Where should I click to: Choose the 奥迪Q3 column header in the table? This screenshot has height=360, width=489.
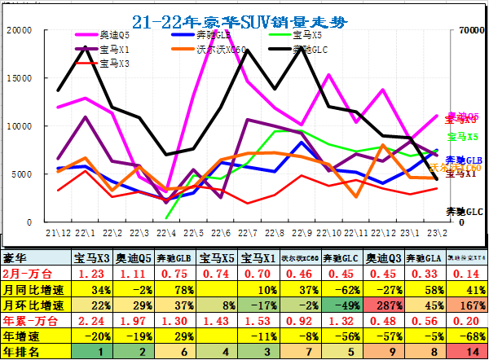click(382, 258)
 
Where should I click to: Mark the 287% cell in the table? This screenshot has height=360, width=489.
click(382, 305)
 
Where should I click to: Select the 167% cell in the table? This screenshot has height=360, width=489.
click(467, 305)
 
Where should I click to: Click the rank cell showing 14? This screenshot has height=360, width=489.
click(467, 351)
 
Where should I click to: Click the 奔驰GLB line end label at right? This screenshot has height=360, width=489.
click(464, 160)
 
